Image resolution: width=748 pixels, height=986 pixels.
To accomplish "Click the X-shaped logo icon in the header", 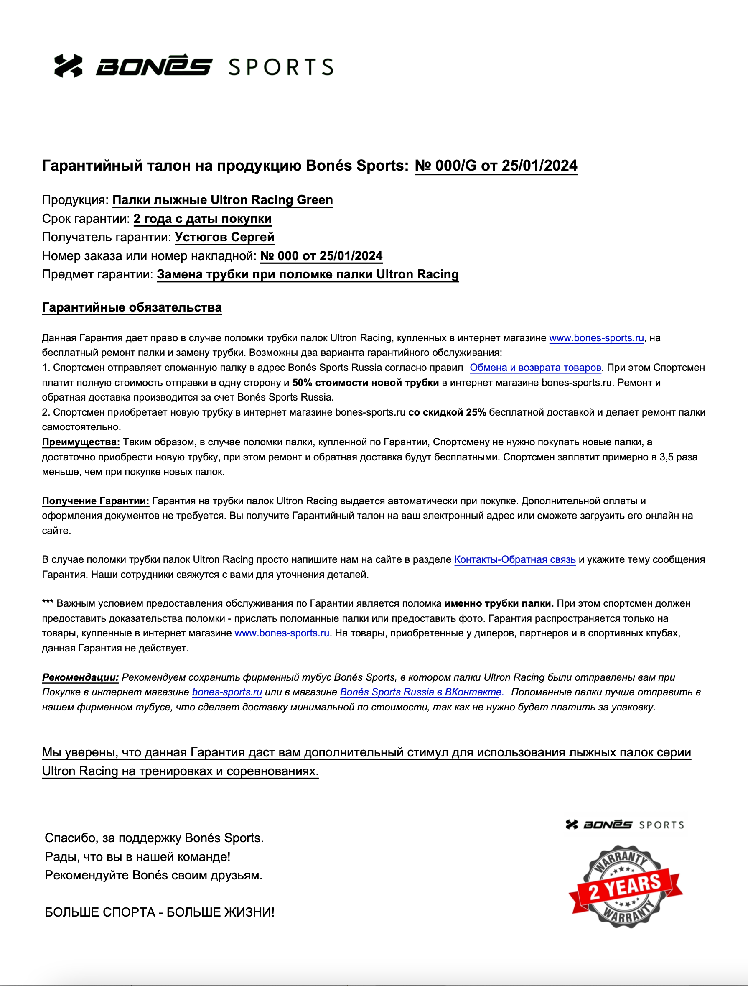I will pos(68,66).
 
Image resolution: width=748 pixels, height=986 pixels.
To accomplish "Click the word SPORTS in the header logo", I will pos(281,67).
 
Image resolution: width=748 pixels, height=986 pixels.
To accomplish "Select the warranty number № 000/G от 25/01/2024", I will pos(496,166).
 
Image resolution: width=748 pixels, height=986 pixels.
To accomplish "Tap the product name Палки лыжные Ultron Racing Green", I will pos(222,200).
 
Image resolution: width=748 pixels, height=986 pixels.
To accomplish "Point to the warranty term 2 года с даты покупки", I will pos(202,218).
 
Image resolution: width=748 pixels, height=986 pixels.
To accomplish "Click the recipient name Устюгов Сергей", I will pos(224,237).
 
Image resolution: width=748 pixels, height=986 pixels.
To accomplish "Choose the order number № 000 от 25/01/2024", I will pos(321,256).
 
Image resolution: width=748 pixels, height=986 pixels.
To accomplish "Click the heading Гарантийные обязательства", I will pos(132,308).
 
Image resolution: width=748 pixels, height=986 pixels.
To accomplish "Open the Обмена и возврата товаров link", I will pos(535,368).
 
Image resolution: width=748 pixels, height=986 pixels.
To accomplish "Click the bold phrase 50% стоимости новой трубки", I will pos(365,383).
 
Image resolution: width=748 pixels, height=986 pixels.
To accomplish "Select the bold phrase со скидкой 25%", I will pos(447,412).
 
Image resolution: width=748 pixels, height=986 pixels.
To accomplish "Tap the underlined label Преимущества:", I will pos(81,442).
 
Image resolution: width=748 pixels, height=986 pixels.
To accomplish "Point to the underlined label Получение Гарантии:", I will pos(95,501).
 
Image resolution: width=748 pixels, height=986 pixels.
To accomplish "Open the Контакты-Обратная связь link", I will pos(514,560).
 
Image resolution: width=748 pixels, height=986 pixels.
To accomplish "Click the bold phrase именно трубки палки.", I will pos(499,603).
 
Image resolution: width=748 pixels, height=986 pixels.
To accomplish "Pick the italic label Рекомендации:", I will pos(80,677).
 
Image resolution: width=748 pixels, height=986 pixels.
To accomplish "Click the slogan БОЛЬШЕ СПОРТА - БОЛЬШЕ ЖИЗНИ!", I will pos(160,912).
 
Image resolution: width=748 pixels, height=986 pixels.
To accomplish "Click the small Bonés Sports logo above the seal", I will pos(625,825).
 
